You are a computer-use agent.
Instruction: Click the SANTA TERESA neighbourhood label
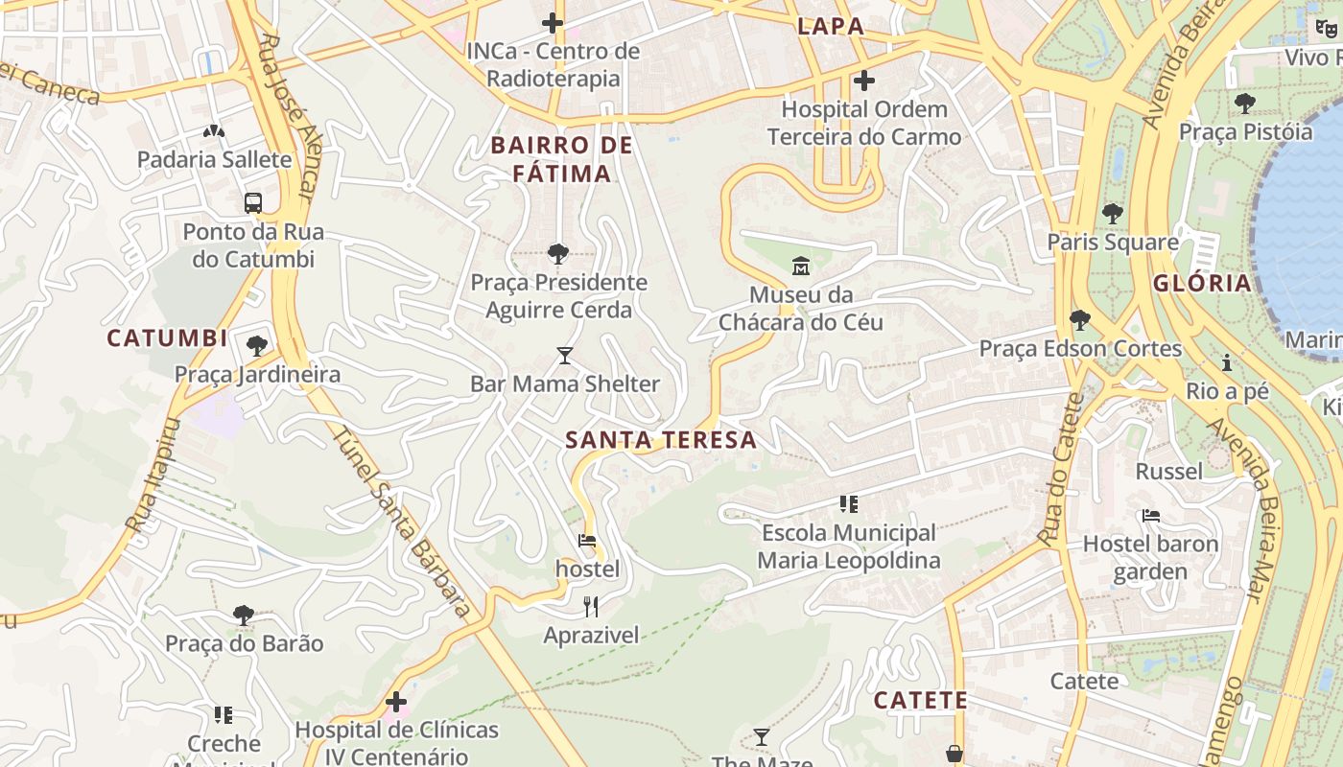(661, 440)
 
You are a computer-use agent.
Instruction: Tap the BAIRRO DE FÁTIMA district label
(561, 159)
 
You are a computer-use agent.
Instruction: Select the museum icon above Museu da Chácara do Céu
(801, 266)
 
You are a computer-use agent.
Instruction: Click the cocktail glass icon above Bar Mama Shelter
(565, 356)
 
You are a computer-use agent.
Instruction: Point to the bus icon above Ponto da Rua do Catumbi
(253, 203)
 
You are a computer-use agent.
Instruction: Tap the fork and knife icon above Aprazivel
(591, 606)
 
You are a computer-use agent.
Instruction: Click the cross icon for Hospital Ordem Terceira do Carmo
(864, 81)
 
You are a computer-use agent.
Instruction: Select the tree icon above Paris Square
(1113, 213)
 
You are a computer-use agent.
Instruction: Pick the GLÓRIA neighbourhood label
(1202, 283)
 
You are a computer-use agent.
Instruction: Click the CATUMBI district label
(167, 337)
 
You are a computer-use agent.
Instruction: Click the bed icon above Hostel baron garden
(1151, 516)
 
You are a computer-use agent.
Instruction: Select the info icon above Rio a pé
(1226, 362)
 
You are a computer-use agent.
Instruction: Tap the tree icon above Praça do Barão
(244, 615)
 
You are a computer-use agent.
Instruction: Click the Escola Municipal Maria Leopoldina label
(849, 546)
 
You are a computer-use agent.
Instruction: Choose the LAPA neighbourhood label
(831, 27)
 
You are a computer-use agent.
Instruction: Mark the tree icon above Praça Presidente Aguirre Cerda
(557, 254)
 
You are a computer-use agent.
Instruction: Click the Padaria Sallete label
(214, 159)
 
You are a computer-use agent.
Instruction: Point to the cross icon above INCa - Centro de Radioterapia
(553, 22)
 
